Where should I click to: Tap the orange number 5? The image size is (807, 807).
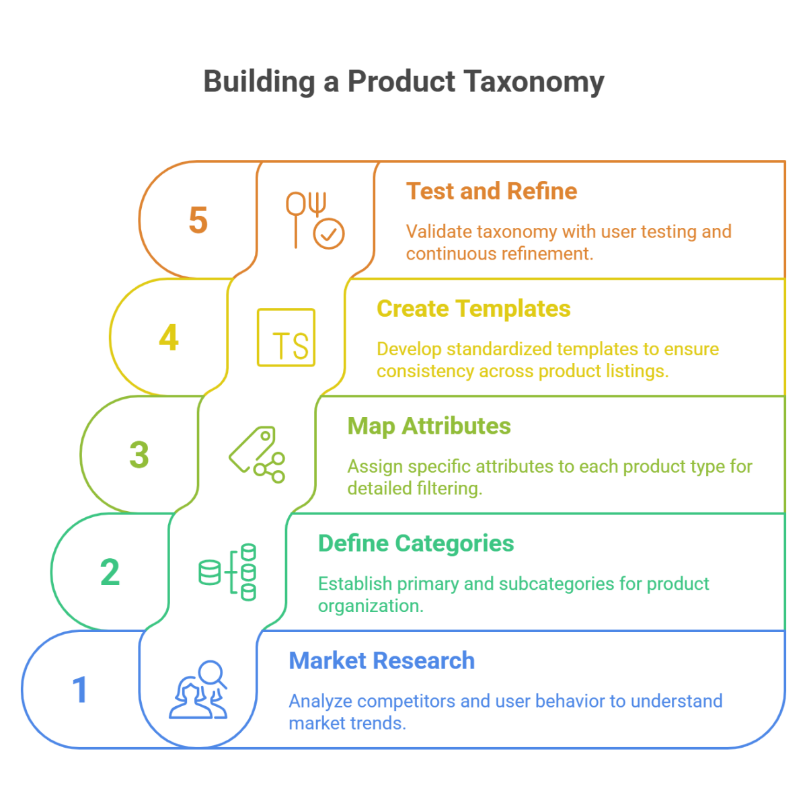pos(198,220)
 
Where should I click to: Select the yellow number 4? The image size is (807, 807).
pos(169,338)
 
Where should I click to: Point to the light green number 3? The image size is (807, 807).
pos(139,455)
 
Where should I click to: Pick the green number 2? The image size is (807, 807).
pos(110,572)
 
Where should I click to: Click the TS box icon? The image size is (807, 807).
pos(286,338)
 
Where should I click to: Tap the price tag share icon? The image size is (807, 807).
pos(257,455)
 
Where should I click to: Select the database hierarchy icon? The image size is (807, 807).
pos(229,572)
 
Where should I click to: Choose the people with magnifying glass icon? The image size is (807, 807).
pos(199,689)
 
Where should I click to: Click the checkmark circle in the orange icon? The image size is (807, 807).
pos(330,235)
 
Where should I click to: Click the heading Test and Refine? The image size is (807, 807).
pos(492,192)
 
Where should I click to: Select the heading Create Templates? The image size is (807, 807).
pos(473,309)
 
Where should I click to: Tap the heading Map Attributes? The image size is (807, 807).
pos(429,426)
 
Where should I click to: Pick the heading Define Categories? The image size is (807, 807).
pos(416,543)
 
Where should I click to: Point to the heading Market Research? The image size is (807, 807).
pos(381,661)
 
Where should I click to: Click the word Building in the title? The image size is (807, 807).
pos(259,82)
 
